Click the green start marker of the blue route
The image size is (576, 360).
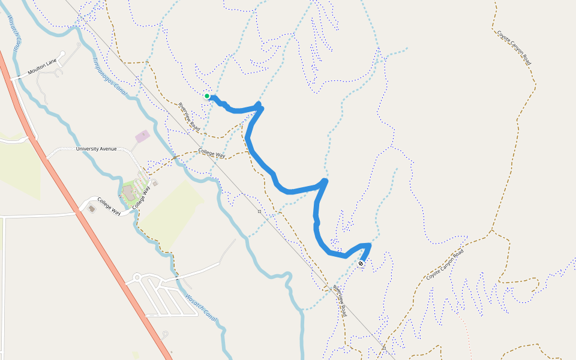coord(207,96)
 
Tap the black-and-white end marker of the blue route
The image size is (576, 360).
coord(361,263)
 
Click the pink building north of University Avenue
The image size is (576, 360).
coord(143,136)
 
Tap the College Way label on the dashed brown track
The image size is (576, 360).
coord(212,154)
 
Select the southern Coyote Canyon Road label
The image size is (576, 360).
coord(445,265)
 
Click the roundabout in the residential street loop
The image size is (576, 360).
coord(137,278)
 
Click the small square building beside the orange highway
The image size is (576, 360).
coord(91,208)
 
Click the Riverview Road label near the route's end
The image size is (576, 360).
coord(340,300)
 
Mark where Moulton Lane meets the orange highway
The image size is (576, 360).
coord(13,78)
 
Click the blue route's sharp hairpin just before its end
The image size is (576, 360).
coord(369,245)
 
